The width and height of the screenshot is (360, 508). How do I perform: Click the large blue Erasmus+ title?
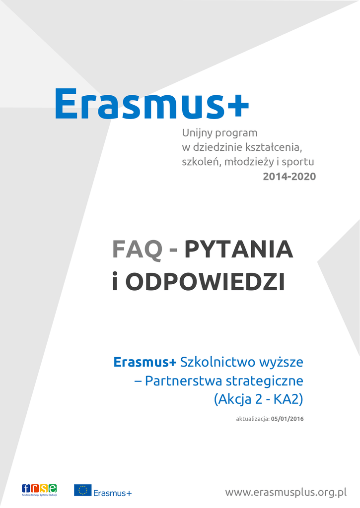click(152, 104)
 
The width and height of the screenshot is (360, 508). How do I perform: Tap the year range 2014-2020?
click(289, 176)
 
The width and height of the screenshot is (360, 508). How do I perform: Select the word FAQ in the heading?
click(137, 250)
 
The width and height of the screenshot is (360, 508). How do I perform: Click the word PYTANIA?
click(239, 249)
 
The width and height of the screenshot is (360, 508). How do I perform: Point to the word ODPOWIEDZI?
click(205, 282)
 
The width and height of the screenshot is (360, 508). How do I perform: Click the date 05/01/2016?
click(288, 419)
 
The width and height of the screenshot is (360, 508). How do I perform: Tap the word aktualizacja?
click(253, 419)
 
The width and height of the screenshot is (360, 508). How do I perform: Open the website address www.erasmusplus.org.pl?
click(286, 493)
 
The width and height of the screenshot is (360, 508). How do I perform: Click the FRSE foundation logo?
click(39, 490)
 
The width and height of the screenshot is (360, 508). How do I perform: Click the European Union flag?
click(83, 490)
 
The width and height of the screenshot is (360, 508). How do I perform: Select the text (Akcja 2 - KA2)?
click(259, 399)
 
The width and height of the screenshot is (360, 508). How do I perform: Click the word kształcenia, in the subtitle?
click(274, 147)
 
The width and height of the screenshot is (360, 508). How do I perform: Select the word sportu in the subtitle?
click(298, 162)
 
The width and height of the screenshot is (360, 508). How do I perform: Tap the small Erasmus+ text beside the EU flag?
click(113, 493)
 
